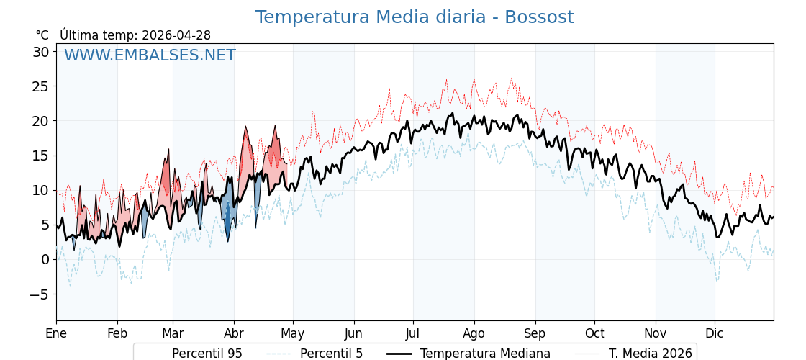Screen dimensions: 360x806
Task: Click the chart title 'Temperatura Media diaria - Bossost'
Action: [415, 17]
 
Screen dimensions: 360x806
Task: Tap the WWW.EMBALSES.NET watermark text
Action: [150, 55]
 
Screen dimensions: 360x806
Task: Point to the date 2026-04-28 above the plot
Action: [176, 35]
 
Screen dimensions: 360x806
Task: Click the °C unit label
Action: [42, 35]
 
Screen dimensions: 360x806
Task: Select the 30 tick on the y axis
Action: [40, 52]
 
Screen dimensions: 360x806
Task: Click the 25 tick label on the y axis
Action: [40, 86]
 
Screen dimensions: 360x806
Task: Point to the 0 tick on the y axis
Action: [45, 259]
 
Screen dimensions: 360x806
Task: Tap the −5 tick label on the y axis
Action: [39, 294]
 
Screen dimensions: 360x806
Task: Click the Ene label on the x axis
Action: [56, 333]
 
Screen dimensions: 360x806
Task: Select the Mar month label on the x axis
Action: [173, 333]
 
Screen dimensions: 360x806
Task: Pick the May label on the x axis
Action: [293, 333]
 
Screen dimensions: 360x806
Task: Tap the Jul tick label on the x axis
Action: [413, 333]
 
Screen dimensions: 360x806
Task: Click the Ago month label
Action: [474, 333]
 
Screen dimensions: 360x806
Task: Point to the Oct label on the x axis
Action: [594, 333]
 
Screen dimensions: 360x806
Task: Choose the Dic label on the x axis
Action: [715, 333]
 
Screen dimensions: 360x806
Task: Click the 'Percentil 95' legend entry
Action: [207, 354]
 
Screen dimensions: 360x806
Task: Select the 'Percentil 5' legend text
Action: [331, 354]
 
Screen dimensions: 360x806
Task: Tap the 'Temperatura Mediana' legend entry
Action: [485, 354]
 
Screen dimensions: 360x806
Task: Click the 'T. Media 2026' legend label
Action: [650, 354]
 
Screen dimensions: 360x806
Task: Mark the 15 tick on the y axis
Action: [40, 156]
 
